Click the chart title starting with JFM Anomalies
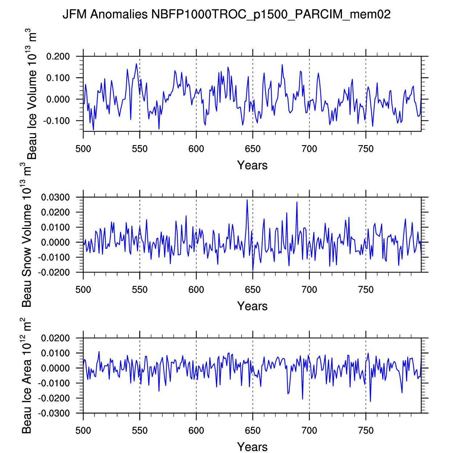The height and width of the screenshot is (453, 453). point(226,14)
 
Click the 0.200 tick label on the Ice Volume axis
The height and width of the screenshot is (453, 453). point(58,57)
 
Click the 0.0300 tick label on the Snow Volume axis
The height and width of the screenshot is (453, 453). point(55,198)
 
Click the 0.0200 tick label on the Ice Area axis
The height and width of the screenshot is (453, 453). point(55,338)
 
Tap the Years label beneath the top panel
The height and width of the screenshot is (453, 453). point(252,165)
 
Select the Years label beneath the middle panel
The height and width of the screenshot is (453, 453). point(252,306)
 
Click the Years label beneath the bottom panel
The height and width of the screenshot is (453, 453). point(252,447)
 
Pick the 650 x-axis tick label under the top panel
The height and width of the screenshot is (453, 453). point(252,149)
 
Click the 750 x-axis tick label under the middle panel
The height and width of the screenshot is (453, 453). point(366,290)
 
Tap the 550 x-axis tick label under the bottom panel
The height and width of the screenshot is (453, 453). point(139,431)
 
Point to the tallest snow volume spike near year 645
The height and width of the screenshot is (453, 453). point(247,200)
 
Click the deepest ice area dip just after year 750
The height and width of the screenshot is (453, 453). point(370,401)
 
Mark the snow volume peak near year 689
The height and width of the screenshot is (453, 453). point(297,202)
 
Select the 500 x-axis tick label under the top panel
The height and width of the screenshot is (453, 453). point(83,149)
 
